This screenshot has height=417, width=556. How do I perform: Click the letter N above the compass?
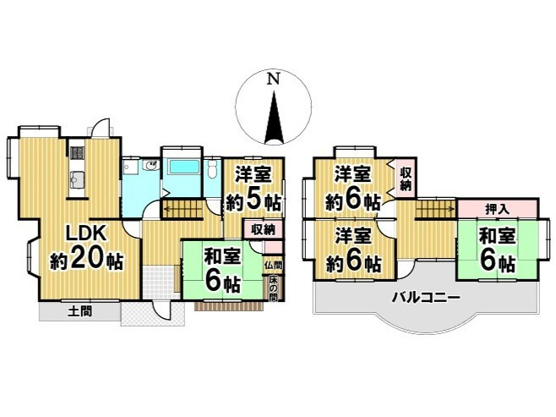point(271,80)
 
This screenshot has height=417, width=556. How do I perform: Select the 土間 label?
point(80,312)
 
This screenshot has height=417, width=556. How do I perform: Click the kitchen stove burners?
point(77,155)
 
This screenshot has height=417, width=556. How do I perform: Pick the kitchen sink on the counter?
point(77,180)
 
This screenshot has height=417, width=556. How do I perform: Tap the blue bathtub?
point(183,166)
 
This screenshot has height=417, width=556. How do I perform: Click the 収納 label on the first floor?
point(260,228)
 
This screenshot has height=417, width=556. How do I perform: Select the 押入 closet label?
point(498,207)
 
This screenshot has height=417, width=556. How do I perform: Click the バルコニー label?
point(425,298)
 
